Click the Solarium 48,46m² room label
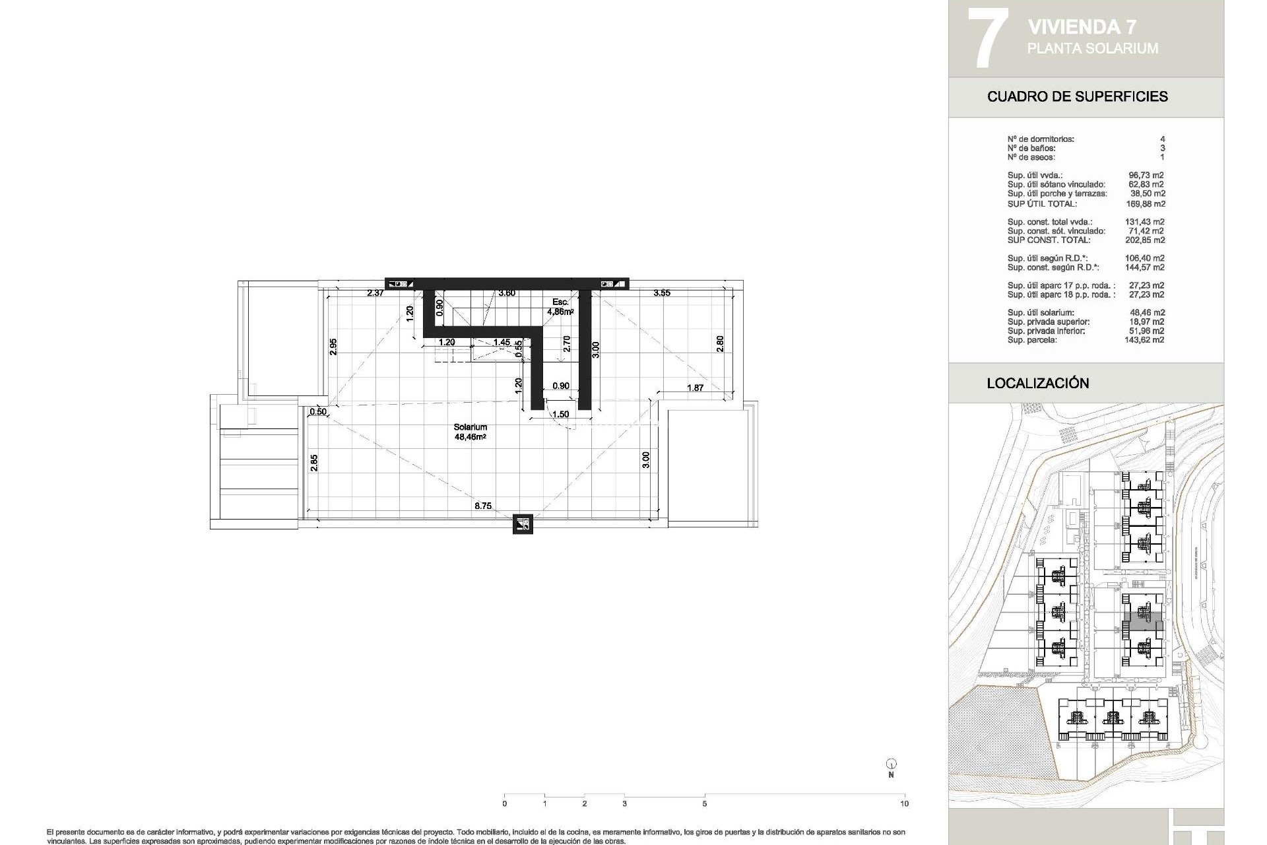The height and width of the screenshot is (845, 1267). [470, 432]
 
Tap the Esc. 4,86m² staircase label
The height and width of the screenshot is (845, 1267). [561, 306]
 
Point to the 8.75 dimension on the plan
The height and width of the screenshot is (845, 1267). [482, 506]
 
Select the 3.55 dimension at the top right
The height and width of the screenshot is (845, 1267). [661, 292]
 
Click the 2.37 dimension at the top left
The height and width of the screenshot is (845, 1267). [375, 292]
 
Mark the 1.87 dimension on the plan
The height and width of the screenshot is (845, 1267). [695, 388]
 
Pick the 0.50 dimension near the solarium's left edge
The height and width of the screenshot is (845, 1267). [318, 411]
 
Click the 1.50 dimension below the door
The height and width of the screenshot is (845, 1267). [560, 415]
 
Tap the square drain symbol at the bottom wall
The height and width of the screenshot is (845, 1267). [523, 524]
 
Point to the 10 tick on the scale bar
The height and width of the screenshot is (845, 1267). [904, 803]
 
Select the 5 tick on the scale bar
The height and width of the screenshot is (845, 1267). [704, 803]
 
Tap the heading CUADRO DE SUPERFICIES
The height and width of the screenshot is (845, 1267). [1077, 96]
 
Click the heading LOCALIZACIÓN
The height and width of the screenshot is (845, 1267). [1037, 383]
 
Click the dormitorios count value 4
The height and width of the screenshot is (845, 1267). [1162, 139]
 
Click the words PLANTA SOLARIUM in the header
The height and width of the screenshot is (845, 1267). [1092, 48]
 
